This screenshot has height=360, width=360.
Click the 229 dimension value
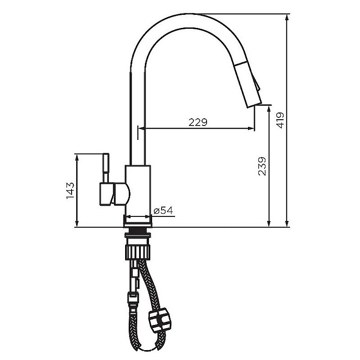[198, 122]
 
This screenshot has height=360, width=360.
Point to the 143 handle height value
[70, 190]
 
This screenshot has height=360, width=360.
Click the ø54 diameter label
[163, 210]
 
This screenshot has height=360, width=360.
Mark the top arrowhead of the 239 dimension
[269, 108]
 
